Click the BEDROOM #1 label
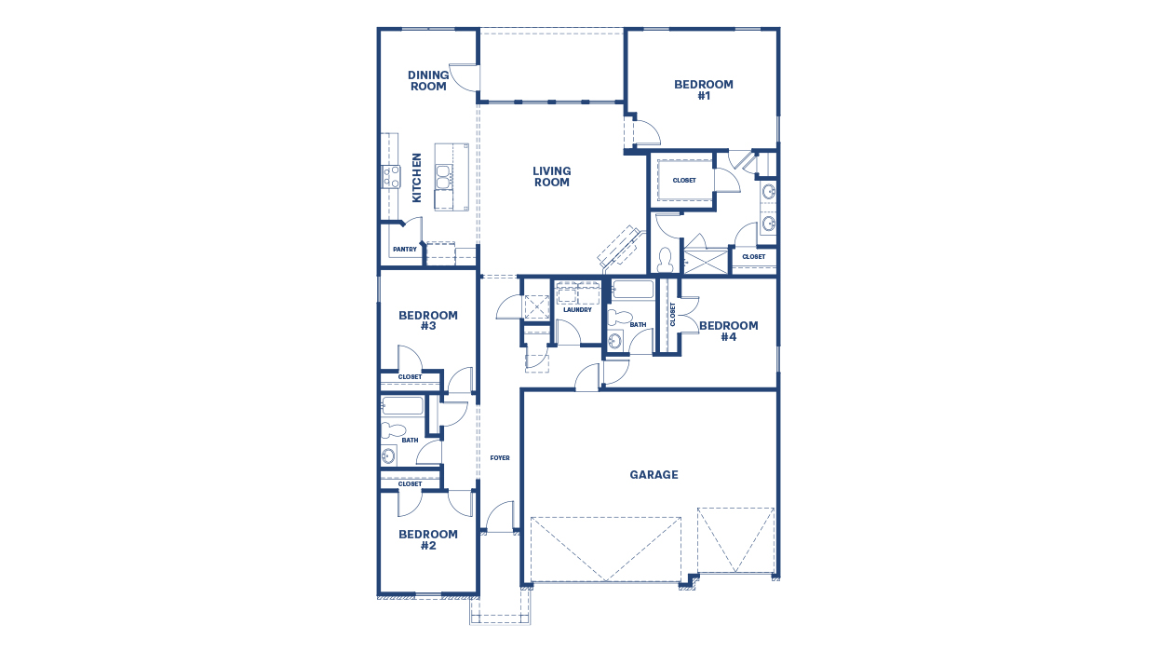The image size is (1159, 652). [x=704, y=89]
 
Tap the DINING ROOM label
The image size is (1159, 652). [x=428, y=81]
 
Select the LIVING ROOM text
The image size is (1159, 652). [x=552, y=176]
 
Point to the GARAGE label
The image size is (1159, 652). [x=654, y=475]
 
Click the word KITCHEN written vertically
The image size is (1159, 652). [x=417, y=178]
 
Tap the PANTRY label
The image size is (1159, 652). [x=404, y=250]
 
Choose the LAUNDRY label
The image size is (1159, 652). [x=577, y=310]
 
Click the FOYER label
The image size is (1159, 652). [x=500, y=458]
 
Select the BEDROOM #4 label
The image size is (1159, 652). [x=728, y=332]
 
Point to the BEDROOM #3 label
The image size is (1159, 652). [x=428, y=320]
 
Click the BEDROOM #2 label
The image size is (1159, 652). [x=428, y=540]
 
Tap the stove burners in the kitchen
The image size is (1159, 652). [x=390, y=176]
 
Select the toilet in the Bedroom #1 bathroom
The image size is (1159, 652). [x=666, y=256]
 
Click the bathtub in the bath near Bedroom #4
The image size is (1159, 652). [x=634, y=290]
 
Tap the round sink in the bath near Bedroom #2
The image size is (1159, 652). [x=388, y=455]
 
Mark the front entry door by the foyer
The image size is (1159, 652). [x=500, y=517]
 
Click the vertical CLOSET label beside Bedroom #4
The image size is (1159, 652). [x=672, y=315]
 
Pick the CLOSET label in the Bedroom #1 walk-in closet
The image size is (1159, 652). [x=684, y=181]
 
